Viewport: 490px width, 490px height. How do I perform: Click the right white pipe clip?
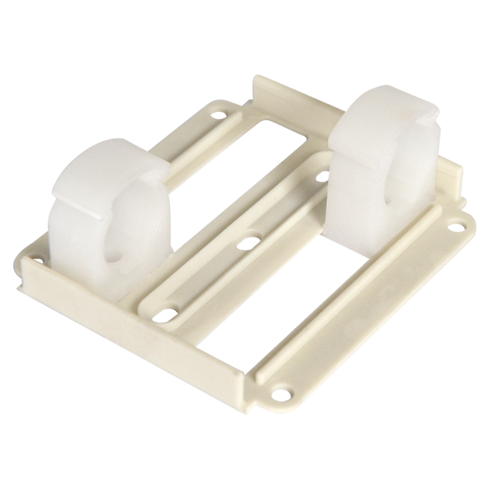pos(381,154)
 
